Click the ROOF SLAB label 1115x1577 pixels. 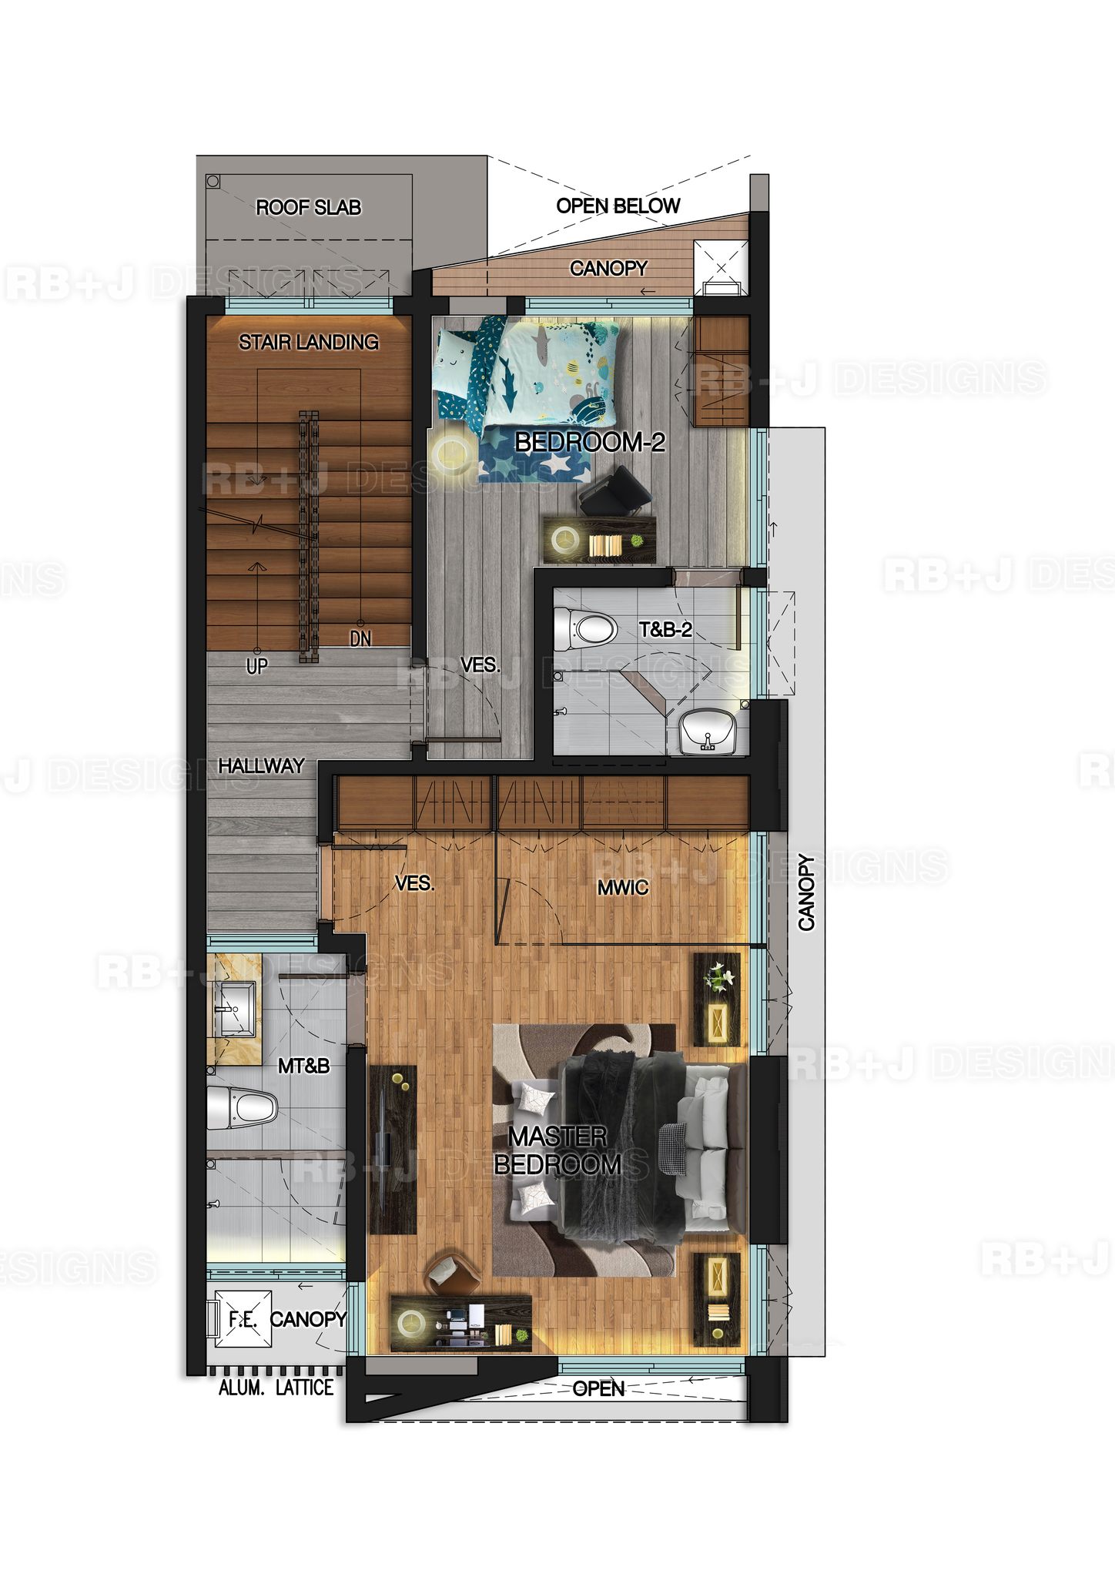pyautogui.click(x=308, y=207)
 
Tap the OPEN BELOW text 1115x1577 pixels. pyautogui.click(x=618, y=206)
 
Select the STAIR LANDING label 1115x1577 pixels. pyautogui.click(x=308, y=342)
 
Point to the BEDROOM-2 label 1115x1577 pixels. pyautogui.click(x=590, y=442)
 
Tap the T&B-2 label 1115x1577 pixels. pyautogui.click(x=665, y=630)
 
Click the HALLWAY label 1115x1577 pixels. pyautogui.click(x=261, y=765)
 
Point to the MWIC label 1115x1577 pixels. pyautogui.click(x=623, y=888)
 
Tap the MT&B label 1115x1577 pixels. pyautogui.click(x=303, y=1066)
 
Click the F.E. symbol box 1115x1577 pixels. pyautogui.click(x=243, y=1319)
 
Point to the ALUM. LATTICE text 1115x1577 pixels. pyautogui.click(x=276, y=1388)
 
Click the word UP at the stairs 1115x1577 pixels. pyautogui.click(x=256, y=667)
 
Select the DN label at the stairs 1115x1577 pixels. pyautogui.click(x=360, y=638)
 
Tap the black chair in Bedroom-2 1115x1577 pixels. pyautogui.click(x=614, y=491)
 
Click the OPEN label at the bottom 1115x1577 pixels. pyautogui.click(x=598, y=1388)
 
